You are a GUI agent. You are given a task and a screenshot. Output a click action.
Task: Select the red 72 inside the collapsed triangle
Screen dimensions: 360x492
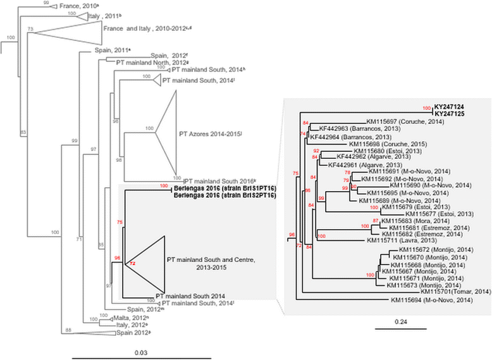132,262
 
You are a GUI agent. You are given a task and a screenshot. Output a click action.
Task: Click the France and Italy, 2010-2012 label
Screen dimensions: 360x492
142,28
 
